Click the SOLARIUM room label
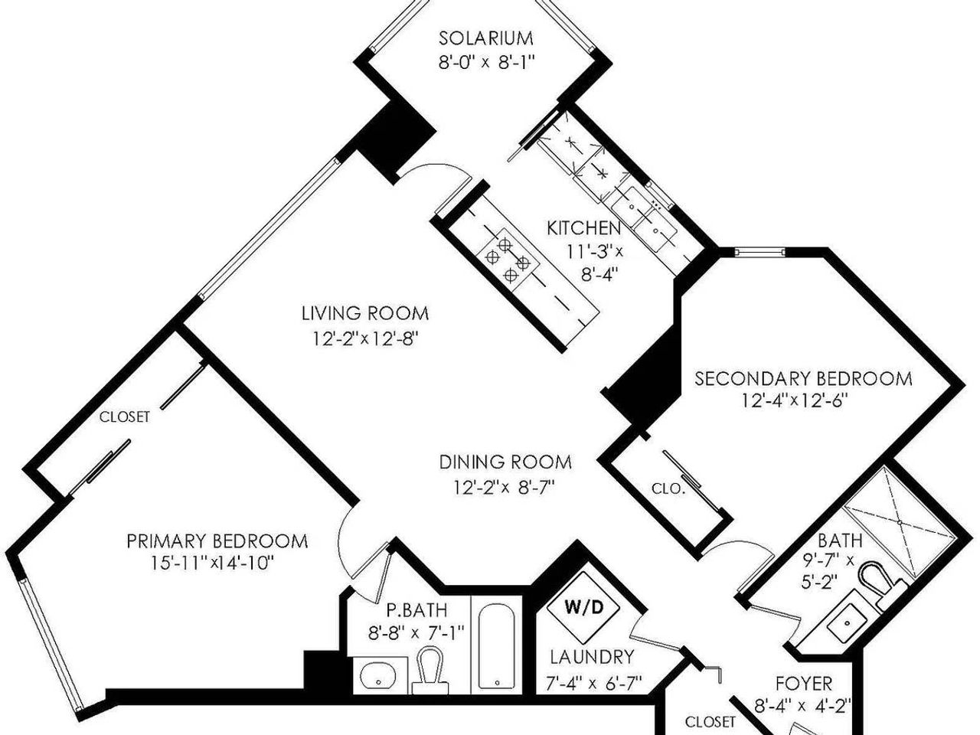pos(485,38)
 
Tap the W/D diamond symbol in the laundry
pos(584,607)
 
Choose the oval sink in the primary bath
pos(379,677)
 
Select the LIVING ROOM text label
pos(365,313)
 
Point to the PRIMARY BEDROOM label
pos(217,541)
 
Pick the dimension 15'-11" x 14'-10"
pos(211,563)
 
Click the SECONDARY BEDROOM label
pos(803,379)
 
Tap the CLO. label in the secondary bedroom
pos(668,488)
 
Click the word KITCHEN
pos(584,228)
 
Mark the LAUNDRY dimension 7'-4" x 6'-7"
pos(594,683)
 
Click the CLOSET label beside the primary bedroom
pos(125,417)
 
